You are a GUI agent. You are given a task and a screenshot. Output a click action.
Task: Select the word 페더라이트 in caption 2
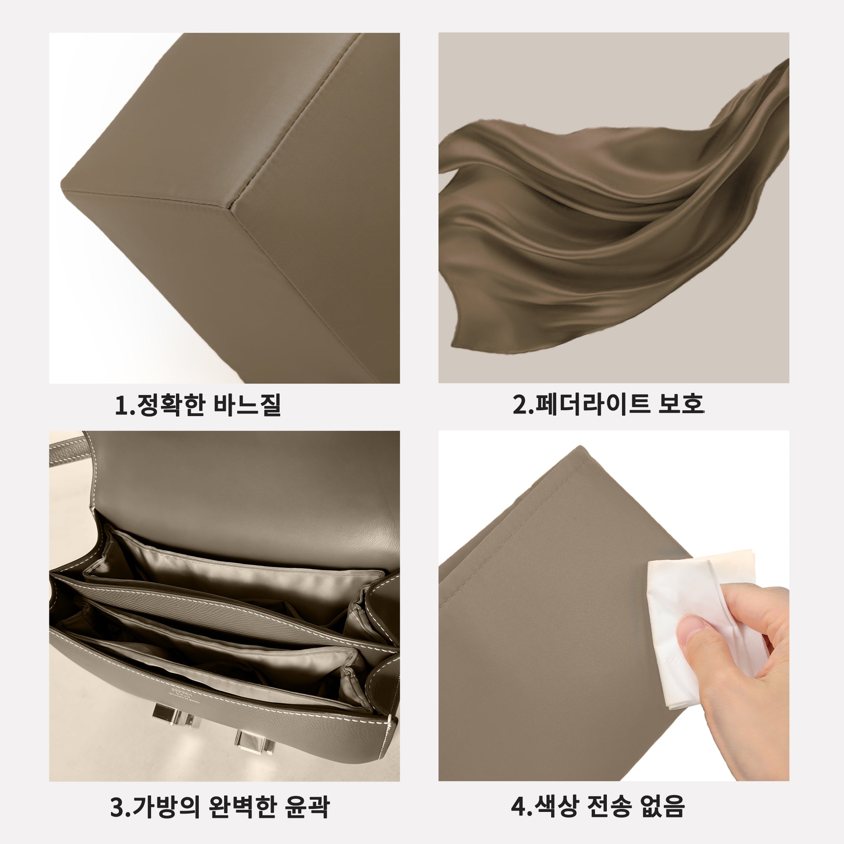pos(592,404)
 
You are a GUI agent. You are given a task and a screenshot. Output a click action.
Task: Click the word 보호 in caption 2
pos(680,404)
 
